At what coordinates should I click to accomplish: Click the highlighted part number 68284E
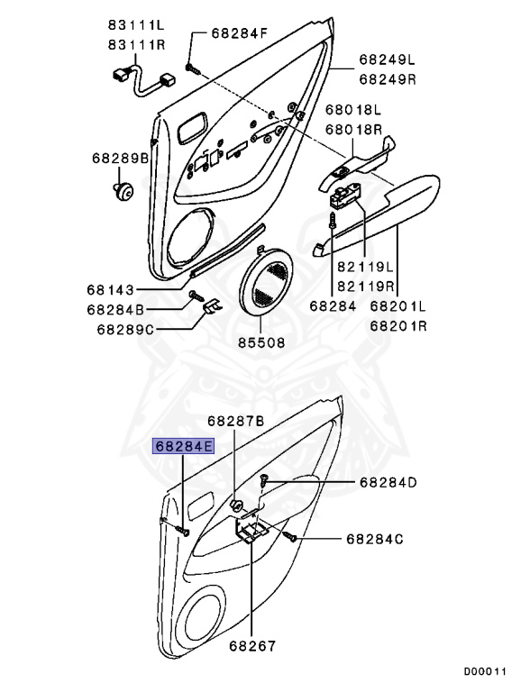pos(183,446)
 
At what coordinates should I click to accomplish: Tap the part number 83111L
pos(136,24)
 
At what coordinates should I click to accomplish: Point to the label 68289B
pos(121,158)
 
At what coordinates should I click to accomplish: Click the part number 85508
pos(262,342)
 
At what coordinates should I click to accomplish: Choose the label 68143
pos(110,290)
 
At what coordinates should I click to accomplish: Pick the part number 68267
pos(252,646)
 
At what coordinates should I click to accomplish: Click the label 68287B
pos(236,421)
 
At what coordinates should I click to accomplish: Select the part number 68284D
pos(388,482)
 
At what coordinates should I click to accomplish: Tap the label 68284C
pos(375,539)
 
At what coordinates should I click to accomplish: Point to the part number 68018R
pos(353,130)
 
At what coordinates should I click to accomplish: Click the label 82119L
pos(365,267)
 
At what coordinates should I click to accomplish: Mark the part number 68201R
pos(398,326)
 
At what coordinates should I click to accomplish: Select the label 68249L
pos(388,59)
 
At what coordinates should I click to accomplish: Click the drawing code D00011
pos(485,671)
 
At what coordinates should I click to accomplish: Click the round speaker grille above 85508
pos(266,282)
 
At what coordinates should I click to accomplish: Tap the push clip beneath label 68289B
pos(123,192)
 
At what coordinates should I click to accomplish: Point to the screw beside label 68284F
pos(193,68)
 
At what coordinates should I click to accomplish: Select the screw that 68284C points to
pos(289,536)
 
